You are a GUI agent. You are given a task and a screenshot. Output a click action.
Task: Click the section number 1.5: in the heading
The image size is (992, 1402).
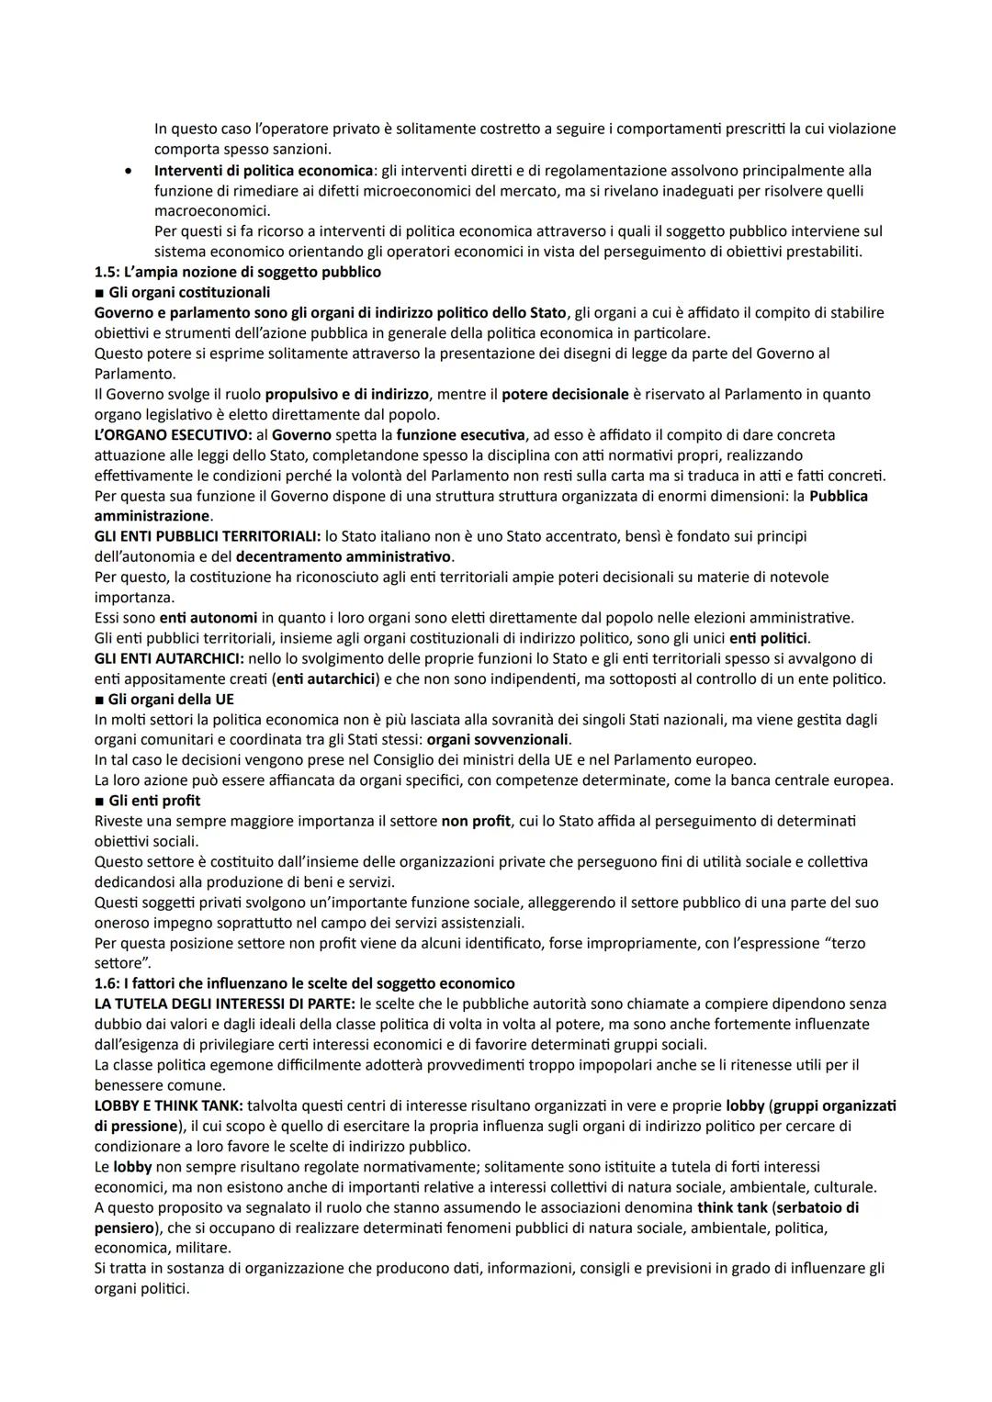[x=107, y=272]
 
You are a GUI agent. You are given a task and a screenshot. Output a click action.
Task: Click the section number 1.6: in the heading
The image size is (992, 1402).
[x=107, y=983]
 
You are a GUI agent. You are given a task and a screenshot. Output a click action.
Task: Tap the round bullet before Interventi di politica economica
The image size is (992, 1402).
[x=133, y=171]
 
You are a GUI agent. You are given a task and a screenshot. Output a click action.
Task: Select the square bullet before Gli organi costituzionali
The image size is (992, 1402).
[x=99, y=293]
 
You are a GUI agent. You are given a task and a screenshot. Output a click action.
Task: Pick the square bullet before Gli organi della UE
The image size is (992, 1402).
[x=99, y=700]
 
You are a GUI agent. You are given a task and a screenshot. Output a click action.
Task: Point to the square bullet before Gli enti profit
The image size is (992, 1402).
[x=99, y=801]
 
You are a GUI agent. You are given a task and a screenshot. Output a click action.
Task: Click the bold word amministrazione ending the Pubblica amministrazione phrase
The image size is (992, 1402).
[x=152, y=516]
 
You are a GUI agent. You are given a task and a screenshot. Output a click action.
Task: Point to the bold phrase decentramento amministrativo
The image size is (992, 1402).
[x=344, y=556]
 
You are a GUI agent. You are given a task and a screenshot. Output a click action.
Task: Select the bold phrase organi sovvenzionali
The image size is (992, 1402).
[x=498, y=740]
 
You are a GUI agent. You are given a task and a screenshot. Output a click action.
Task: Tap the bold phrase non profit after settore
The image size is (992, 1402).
[x=475, y=821]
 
